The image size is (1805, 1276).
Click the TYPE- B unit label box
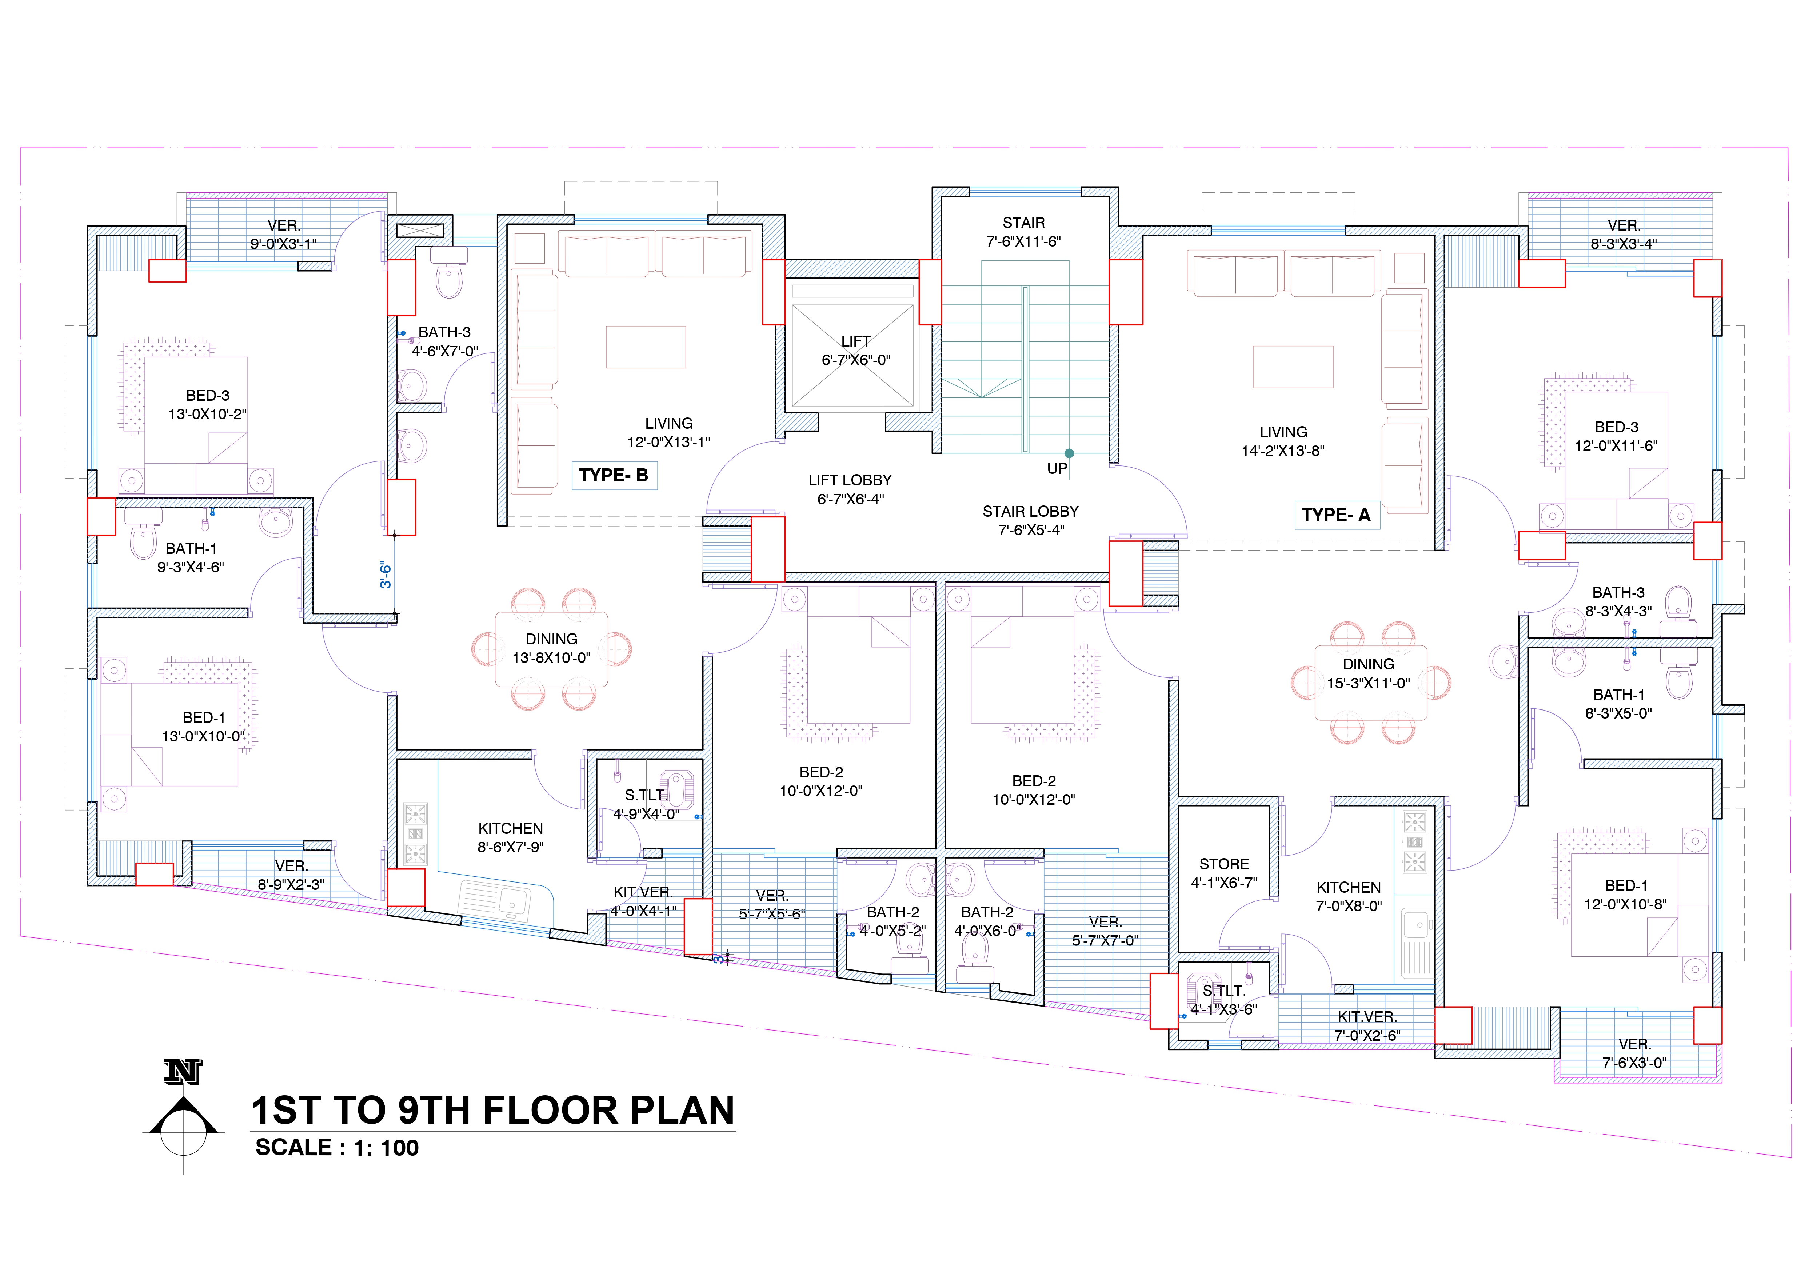click(614, 476)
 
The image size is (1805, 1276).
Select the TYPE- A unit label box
click(1337, 515)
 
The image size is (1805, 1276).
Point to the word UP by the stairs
click(1057, 469)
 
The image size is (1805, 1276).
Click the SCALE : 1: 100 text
click(336, 1148)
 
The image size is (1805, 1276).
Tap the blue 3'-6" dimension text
click(385, 575)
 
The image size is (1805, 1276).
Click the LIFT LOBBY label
click(851, 489)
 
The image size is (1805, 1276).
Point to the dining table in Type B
click(552, 649)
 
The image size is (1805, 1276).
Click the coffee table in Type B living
click(646, 347)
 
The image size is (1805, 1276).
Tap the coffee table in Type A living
click(1293, 367)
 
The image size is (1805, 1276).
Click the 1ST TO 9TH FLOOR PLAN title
click(493, 1110)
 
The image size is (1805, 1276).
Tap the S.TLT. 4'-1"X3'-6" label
click(1224, 1000)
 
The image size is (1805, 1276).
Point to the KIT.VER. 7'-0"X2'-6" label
click(1368, 1026)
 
